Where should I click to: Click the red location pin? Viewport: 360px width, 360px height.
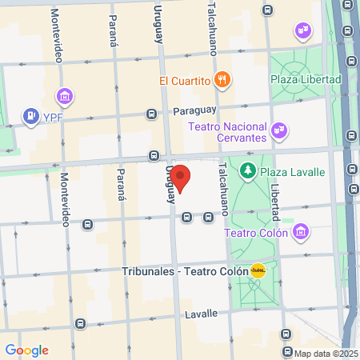point(181,178)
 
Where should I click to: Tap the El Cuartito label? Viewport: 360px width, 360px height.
point(184,80)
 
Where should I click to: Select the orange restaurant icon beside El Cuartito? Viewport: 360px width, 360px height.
point(223,80)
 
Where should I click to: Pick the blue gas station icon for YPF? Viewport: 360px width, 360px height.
point(31,117)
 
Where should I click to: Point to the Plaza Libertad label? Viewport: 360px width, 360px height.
point(306,80)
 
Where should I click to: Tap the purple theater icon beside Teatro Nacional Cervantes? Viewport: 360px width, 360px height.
point(278,128)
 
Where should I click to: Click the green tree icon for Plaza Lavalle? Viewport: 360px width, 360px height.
point(248,170)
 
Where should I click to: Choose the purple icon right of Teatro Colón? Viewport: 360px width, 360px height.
point(301,232)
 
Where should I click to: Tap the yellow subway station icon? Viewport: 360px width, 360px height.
point(258,270)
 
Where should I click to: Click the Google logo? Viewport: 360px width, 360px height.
point(26,350)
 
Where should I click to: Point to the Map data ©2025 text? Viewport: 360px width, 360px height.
point(325,354)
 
